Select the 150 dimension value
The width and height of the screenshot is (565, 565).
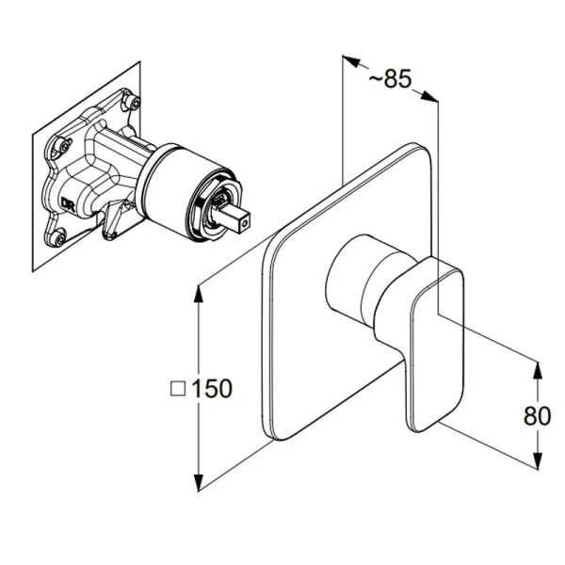[211, 388]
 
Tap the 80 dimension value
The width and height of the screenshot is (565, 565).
[537, 415]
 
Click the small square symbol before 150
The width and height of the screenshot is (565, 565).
[178, 389]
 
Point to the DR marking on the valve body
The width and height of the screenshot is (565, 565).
[67, 203]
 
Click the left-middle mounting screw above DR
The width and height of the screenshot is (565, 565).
[65, 146]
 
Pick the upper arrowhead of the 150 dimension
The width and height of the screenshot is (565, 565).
[198, 294]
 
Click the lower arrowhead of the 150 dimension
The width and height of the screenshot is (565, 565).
[198, 482]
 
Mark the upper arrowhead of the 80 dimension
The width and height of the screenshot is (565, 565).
[538, 370]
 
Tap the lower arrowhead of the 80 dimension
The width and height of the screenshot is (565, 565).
[538, 460]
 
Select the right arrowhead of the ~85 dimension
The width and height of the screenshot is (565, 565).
[429, 96]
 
